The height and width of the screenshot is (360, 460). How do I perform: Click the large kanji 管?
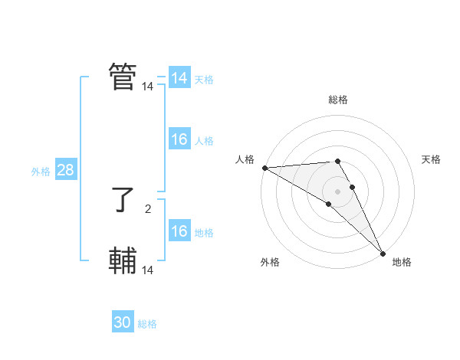click(x=123, y=77)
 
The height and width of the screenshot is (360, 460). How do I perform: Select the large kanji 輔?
click(x=123, y=261)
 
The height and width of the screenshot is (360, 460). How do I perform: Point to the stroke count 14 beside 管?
click(x=147, y=87)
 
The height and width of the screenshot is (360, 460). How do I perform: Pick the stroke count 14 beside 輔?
click(x=147, y=270)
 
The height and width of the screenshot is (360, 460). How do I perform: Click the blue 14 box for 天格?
click(x=179, y=78)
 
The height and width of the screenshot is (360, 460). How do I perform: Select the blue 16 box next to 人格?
click(x=179, y=139)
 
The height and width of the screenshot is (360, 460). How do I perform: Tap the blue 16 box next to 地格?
click(x=179, y=231)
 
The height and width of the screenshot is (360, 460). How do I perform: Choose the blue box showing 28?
click(x=65, y=170)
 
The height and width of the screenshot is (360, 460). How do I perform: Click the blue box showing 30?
click(x=123, y=322)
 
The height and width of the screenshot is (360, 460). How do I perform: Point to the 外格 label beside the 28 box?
click(x=41, y=172)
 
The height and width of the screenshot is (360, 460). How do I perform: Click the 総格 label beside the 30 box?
click(x=147, y=324)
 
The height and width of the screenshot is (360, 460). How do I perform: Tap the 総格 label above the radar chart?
click(x=338, y=100)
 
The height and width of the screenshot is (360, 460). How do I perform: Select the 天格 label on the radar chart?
click(x=431, y=159)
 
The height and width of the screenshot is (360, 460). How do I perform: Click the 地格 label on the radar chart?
click(x=402, y=262)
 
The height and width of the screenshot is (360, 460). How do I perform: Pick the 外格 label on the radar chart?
click(x=270, y=262)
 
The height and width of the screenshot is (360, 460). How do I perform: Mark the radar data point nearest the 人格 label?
click(x=264, y=168)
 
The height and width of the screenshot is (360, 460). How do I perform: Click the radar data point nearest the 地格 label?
click(x=383, y=253)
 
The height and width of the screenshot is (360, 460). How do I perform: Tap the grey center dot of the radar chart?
click(x=338, y=191)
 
